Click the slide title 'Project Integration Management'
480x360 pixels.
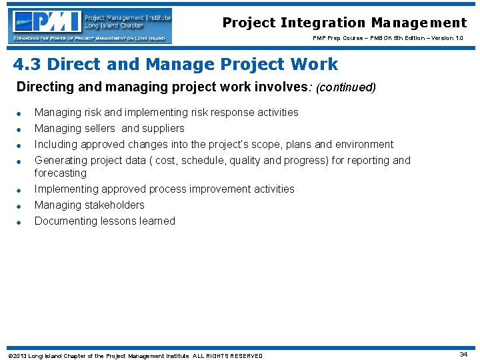344,23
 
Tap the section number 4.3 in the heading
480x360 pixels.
27,65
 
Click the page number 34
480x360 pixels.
463,355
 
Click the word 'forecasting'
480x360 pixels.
61,173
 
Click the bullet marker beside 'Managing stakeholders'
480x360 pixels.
20,206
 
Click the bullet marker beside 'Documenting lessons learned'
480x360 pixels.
20,222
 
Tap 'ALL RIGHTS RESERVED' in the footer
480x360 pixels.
228,356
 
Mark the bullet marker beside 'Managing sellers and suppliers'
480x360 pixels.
20,129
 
